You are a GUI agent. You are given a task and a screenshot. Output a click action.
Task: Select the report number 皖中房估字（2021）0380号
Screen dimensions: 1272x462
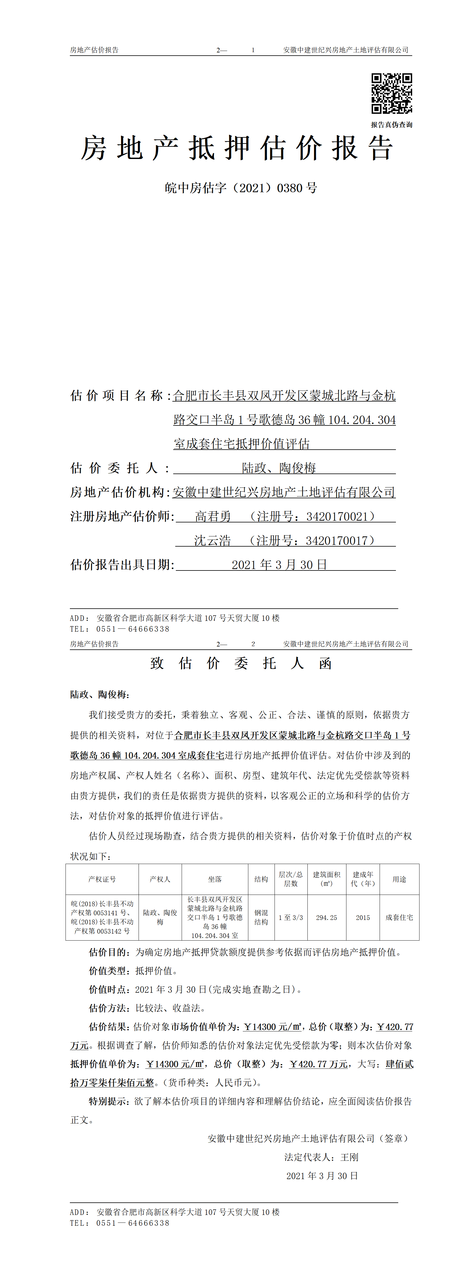[x=241, y=188]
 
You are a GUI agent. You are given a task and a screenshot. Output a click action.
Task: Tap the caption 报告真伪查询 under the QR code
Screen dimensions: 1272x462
[x=392, y=125]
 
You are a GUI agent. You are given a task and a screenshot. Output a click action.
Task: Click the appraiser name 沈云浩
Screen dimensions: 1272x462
[x=212, y=541]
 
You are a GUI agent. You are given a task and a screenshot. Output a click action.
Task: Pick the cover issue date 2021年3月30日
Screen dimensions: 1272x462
[x=279, y=565]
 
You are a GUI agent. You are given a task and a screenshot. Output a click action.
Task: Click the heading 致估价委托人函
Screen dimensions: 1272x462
[x=241, y=663]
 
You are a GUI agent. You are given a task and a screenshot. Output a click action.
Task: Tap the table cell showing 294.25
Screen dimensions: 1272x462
[x=326, y=918]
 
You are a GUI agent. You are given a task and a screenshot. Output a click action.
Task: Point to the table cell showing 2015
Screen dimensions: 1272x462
[x=363, y=918]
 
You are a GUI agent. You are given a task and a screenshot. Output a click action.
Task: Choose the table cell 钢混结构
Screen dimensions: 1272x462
[x=261, y=918]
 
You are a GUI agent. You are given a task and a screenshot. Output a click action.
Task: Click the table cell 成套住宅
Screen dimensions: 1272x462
[x=399, y=918]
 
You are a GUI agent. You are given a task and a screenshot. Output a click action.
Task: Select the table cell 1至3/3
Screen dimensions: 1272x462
[x=291, y=918]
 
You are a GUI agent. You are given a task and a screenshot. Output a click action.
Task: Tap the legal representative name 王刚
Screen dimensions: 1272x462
[x=349, y=1157]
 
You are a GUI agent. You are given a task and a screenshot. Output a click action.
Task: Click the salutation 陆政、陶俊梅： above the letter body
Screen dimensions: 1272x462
[x=100, y=694]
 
